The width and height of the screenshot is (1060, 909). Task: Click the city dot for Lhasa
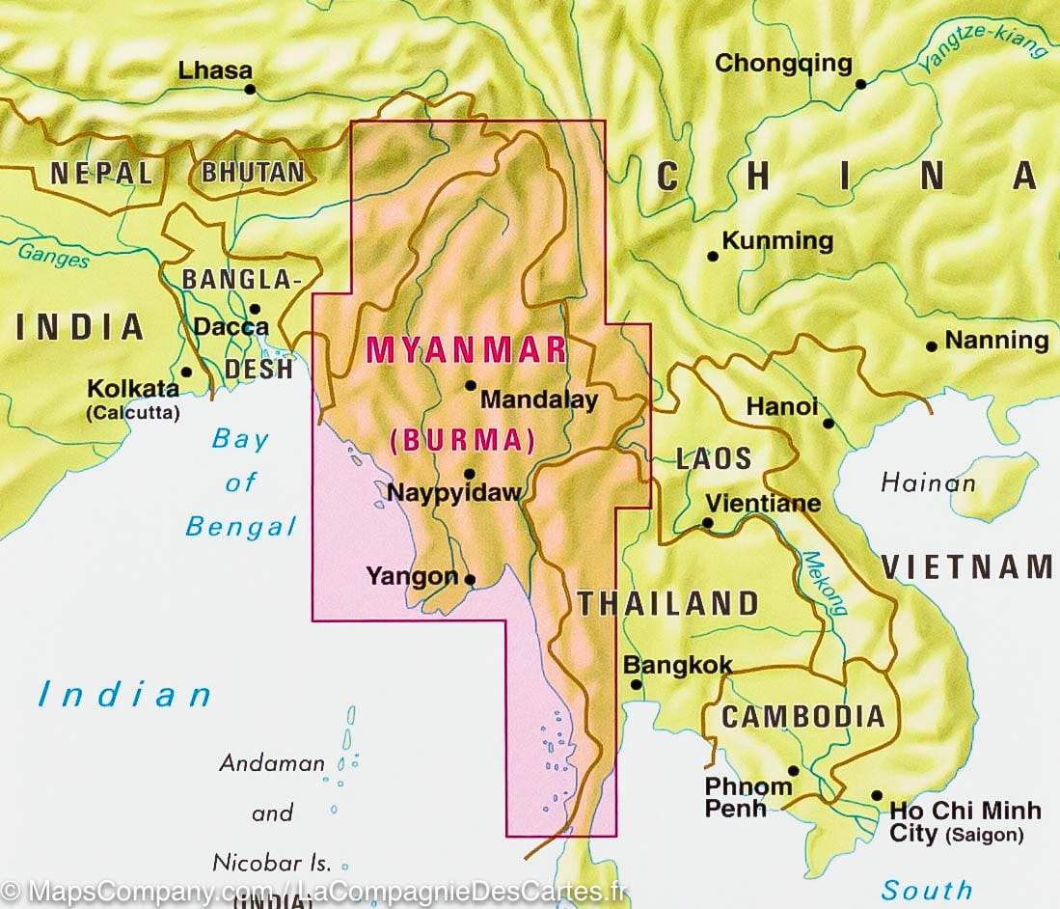[x=250, y=90]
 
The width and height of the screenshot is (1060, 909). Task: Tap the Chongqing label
[x=783, y=65]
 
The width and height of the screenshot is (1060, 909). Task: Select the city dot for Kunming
[x=713, y=257]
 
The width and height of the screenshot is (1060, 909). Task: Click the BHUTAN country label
[x=252, y=173]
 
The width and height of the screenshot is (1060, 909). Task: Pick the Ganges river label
[x=54, y=256]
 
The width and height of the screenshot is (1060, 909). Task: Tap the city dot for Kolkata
[x=186, y=372]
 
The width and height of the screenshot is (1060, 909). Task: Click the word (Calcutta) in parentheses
[x=132, y=413]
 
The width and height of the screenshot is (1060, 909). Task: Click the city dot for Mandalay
[x=471, y=385]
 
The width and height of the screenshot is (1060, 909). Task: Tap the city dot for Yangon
[x=470, y=580]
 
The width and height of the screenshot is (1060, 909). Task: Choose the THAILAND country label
[x=668, y=604]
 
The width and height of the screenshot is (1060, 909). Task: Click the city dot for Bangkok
[x=637, y=685]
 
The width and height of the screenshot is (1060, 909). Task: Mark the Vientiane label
[x=763, y=503]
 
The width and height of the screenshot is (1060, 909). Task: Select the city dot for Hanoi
[x=829, y=423]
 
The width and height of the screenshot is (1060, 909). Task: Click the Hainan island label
[x=928, y=482]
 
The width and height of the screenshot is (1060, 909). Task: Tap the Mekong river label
[x=825, y=583]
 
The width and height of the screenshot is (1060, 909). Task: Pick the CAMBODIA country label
[x=802, y=716]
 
